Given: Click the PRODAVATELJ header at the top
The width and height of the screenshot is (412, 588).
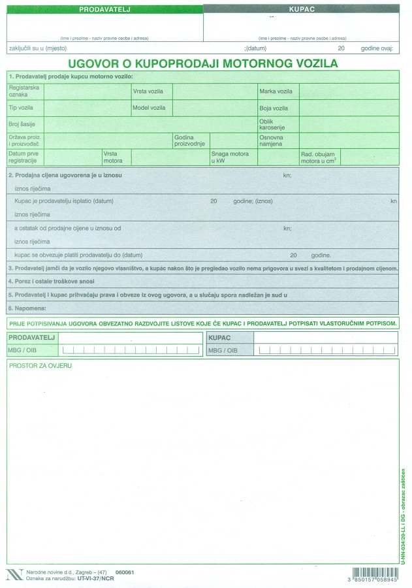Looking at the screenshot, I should [105, 10].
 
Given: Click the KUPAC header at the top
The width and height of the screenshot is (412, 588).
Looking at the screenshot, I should [302, 10].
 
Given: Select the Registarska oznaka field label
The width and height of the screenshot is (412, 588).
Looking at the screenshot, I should [24, 91].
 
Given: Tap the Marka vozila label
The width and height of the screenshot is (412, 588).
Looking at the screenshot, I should [276, 91].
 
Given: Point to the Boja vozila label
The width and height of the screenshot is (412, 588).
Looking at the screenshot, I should [274, 108].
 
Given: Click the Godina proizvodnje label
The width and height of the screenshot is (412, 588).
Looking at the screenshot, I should [189, 140].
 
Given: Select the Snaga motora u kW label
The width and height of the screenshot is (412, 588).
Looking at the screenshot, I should [230, 157].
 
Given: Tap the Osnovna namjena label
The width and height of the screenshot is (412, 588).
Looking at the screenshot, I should [271, 140].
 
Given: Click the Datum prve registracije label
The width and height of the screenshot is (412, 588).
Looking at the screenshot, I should [23, 157].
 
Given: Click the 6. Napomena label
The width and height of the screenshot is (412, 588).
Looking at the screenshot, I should [27, 307].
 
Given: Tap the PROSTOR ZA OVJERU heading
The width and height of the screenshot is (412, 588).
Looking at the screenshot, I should [40, 365].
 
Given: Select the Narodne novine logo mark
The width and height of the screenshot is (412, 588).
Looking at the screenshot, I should [13, 575].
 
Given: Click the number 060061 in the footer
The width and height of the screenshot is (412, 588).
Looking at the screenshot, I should [124, 572].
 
